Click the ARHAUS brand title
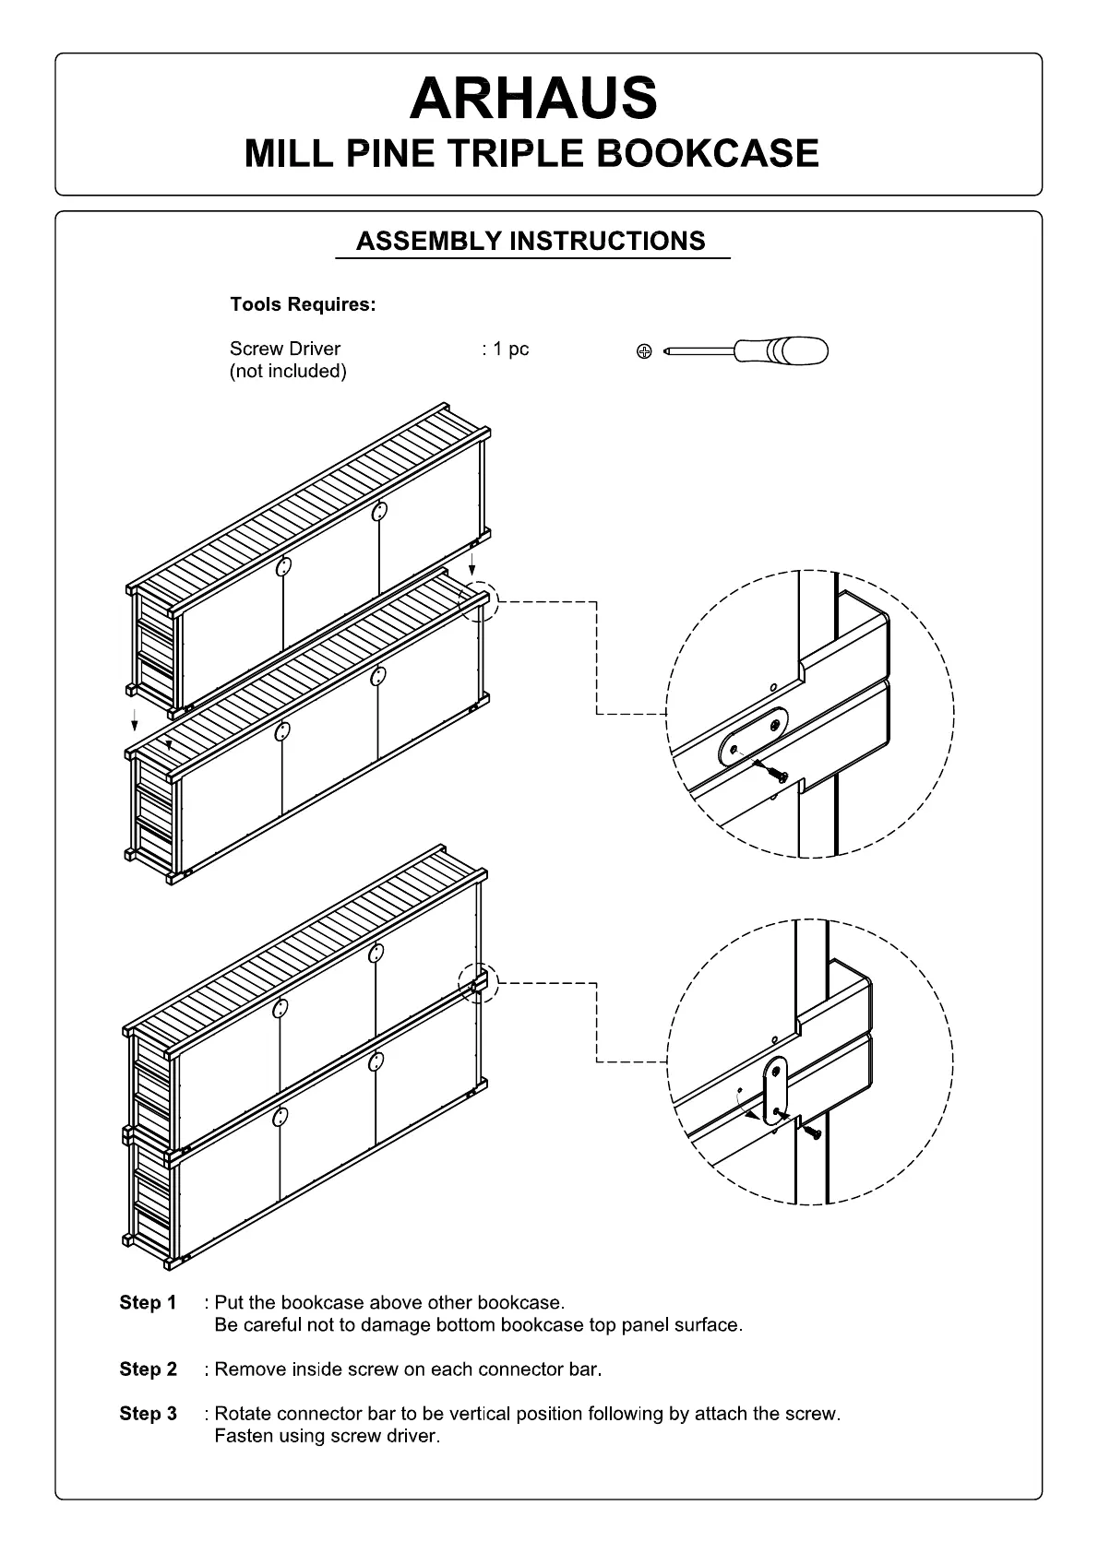click(x=533, y=99)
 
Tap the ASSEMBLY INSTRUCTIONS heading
click(x=531, y=242)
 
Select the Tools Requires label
click(x=303, y=304)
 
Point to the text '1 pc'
click(x=510, y=349)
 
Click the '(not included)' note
click(x=288, y=371)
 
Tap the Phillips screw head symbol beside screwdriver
click(x=645, y=351)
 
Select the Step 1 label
click(x=148, y=1302)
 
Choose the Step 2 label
click(x=148, y=1369)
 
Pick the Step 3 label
click(x=148, y=1413)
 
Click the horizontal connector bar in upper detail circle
click(x=754, y=735)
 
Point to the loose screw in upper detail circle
click(x=775, y=774)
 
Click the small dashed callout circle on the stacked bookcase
click(x=478, y=983)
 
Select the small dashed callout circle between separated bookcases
click(x=478, y=602)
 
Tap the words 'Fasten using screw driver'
click(x=327, y=1436)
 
